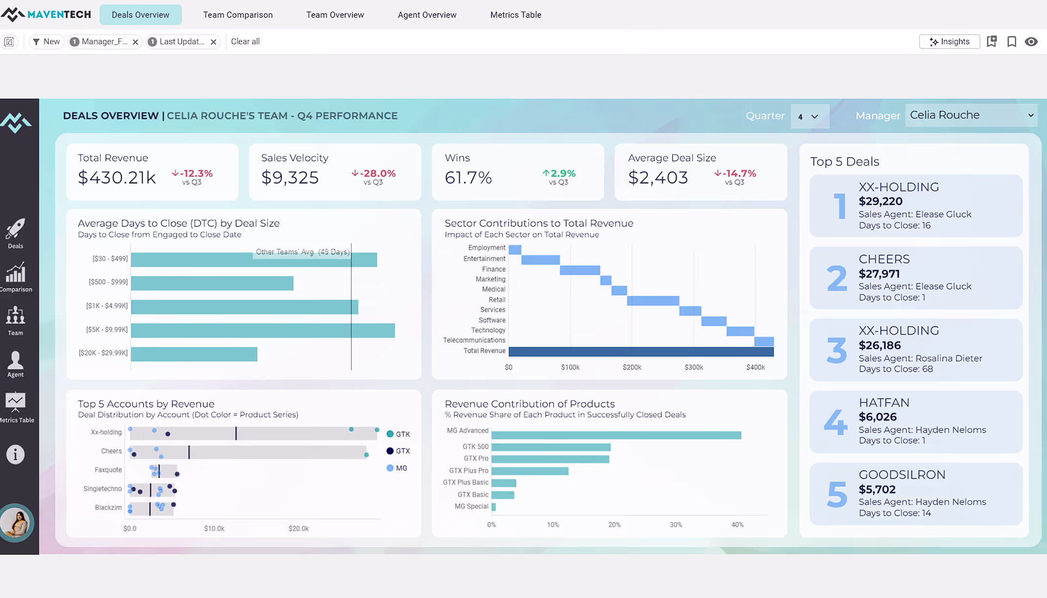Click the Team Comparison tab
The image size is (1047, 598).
coord(238,15)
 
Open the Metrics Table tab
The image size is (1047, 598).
coord(515,15)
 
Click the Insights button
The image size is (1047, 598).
coord(949,42)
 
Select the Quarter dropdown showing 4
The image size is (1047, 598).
coord(809,117)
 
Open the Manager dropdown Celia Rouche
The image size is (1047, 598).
coord(971,115)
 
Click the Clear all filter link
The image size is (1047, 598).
coord(245,42)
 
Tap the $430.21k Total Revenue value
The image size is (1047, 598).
coord(117,177)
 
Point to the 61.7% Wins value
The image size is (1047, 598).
coord(468,177)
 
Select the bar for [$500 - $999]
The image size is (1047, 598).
coord(212,283)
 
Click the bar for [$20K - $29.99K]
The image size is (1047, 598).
coord(194,354)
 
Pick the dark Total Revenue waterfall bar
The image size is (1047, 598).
coord(641,352)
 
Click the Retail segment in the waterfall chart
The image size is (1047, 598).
coord(652,300)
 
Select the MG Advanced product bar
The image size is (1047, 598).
coord(616,435)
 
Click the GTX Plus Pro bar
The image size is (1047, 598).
coord(530,471)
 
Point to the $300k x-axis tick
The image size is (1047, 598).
coord(693,367)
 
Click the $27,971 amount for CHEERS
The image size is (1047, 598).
coord(879,274)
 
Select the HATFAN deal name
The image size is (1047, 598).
coord(884,403)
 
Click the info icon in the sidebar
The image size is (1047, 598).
coord(15,454)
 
